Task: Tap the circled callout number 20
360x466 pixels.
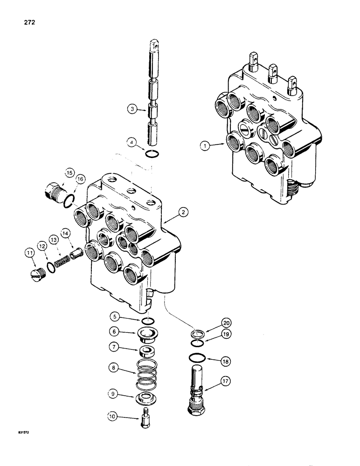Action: point(226,322)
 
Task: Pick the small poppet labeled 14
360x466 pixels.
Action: point(74,254)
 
